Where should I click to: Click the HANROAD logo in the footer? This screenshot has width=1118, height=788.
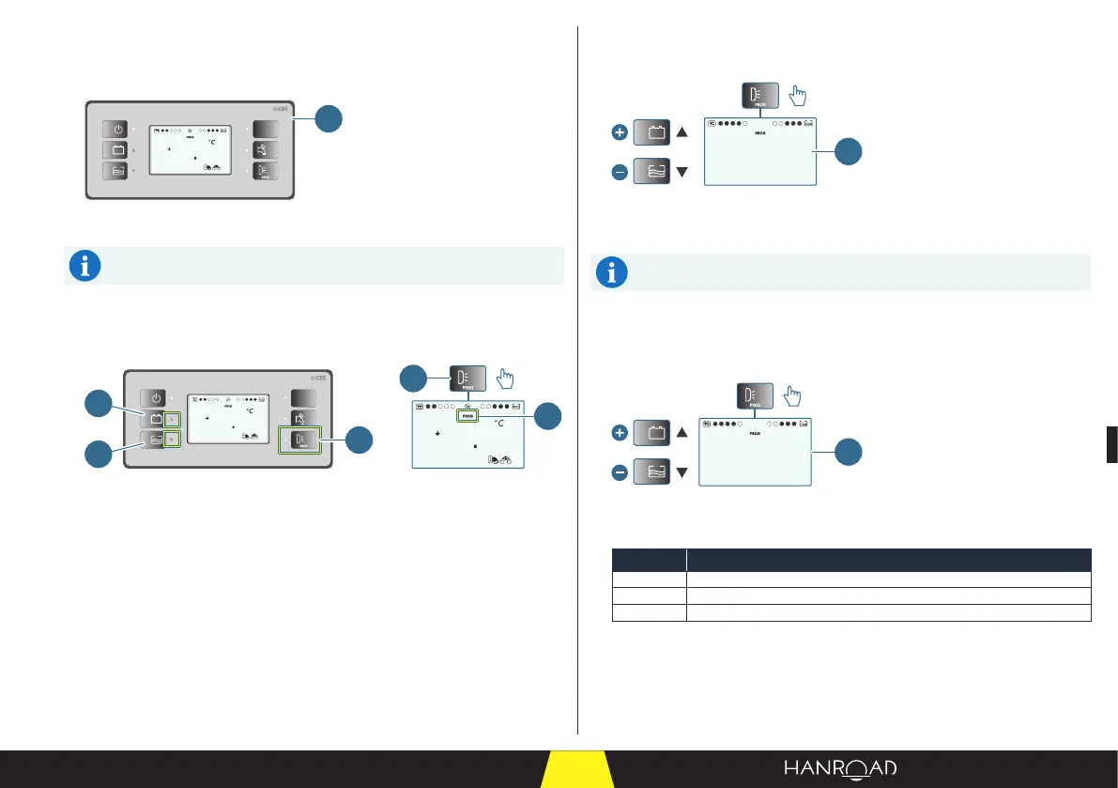(840, 769)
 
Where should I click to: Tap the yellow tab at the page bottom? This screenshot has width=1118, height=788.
(577, 770)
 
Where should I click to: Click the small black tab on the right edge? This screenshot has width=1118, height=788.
(1111, 443)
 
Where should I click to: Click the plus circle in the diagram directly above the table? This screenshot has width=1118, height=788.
(619, 434)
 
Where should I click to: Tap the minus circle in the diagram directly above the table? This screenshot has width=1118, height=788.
(619, 473)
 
